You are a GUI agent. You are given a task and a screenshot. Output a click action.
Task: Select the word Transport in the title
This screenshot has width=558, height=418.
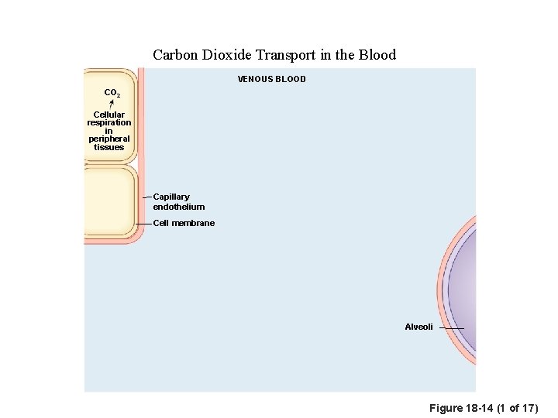288,55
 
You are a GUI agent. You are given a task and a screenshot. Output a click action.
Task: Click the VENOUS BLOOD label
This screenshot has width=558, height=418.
271,79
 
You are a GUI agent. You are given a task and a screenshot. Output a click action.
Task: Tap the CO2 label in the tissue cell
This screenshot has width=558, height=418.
112,93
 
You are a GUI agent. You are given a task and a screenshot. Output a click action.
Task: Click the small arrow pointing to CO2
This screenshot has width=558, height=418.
112,104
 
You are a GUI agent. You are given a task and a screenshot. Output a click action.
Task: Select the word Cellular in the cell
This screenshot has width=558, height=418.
109,115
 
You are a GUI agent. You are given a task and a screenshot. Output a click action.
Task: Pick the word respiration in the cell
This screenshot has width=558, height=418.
109,123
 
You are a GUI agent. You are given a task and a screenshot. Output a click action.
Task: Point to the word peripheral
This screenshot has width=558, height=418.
109,139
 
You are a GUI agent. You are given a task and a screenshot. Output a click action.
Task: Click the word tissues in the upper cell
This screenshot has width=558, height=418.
109,147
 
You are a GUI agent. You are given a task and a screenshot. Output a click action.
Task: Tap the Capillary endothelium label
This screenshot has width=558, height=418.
179,202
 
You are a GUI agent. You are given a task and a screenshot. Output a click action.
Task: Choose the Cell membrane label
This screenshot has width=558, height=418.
184,223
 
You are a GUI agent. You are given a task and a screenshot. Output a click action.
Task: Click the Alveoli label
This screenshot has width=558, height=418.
419,327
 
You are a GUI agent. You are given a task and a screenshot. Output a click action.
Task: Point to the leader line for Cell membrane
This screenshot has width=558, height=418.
144,223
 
